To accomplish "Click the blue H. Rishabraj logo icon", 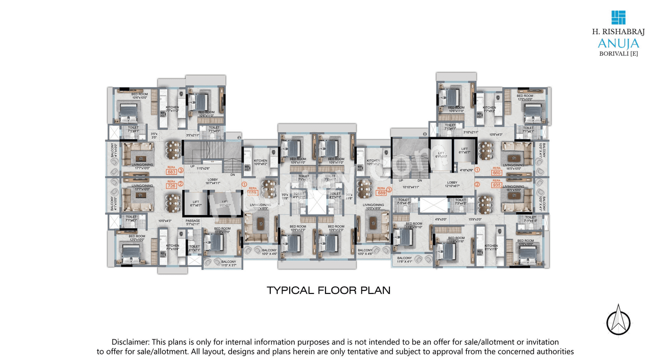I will point(618,17).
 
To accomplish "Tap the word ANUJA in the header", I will point(618,43).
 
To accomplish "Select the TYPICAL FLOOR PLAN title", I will point(329,290).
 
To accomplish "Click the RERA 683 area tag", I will point(171,172).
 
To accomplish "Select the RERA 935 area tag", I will point(496,185).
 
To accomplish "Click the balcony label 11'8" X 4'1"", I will point(404,260).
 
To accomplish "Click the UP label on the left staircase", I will point(192,166).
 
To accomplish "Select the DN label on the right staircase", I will point(420,180).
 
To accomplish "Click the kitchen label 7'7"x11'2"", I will point(172,109).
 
